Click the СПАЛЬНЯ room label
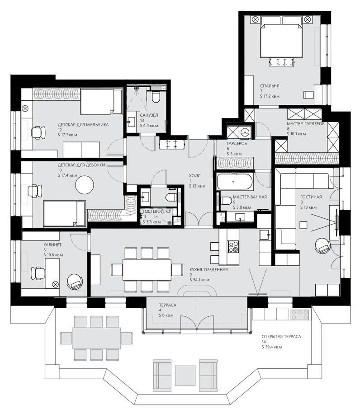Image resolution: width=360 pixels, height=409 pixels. pyautogui.click(x=270, y=86)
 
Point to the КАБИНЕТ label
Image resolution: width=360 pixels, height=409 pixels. pyautogui.click(x=52, y=244)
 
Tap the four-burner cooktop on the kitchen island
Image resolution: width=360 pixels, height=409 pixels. pyautogui.click(x=233, y=246)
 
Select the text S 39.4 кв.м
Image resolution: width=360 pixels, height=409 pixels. pyautogui.click(x=272, y=347)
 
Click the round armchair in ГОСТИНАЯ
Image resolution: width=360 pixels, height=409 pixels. pyautogui.click(x=322, y=246)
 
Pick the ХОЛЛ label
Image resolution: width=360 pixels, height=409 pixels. pyautogui.click(x=195, y=176)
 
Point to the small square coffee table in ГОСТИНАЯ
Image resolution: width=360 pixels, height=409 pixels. pyautogui.click(x=303, y=225)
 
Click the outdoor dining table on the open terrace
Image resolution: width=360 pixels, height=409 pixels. pyautogui.click(x=96, y=338)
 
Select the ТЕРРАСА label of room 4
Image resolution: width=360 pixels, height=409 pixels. pyautogui.click(x=168, y=305)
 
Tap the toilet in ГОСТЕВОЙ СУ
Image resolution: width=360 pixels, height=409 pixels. pyautogui.click(x=171, y=197)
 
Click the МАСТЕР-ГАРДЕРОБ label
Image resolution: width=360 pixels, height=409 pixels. pyautogui.click(x=306, y=124)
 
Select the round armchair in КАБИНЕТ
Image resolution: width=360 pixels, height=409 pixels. pyautogui.click(x=75, y=282)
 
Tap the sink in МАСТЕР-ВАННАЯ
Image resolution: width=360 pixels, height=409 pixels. pyautogui.click(x=240, y=217)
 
